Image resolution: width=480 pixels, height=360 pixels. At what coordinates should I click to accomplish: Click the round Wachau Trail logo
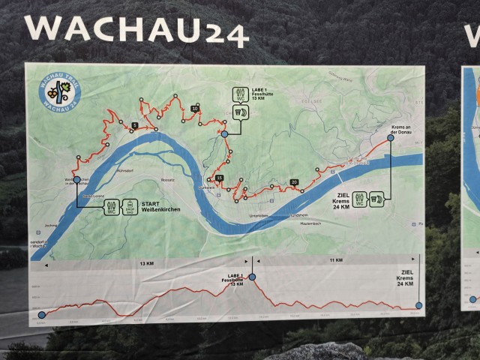[x=57, y=94]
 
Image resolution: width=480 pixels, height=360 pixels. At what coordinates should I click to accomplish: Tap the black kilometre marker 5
[x=134, y=125]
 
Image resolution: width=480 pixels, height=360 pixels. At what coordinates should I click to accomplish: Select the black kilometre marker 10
[x=195, y=109]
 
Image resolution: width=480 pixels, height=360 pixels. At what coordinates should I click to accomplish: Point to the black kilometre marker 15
[x=219, y=178]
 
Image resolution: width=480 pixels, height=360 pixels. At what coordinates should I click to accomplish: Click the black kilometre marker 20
[x=294, y=182]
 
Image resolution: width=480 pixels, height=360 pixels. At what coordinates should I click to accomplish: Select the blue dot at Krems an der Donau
[x=391, y=138]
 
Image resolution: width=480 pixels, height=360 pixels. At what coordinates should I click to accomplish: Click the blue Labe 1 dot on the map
[x=223, y=134]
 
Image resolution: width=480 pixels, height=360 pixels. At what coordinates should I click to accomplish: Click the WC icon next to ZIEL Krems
[x=360, y=199]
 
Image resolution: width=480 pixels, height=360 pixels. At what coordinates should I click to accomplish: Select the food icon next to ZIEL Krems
[x=376, y=199]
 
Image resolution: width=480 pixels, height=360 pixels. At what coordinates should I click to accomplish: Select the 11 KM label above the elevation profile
[x=335, y=259]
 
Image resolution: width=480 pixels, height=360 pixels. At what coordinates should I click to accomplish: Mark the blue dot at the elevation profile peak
[x=252, y=277]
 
